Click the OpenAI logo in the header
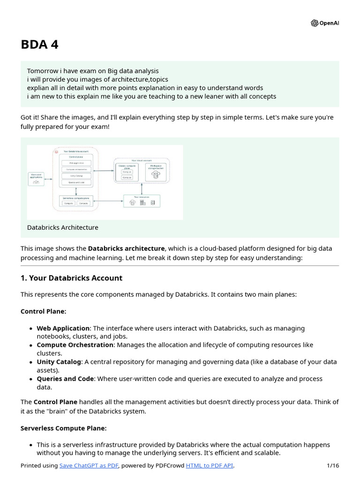point(324,23)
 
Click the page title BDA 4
point(39,45)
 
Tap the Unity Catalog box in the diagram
point(76,176)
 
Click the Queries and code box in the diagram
point(76,182)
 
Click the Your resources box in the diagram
point(141,201)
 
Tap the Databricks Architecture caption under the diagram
point(63,227)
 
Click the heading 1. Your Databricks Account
point(71,278)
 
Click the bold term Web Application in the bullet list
point(63,328)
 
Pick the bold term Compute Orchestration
point(75,345)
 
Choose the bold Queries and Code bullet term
point(65,378)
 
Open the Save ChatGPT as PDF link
point(89,465)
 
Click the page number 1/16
point(332,465)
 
